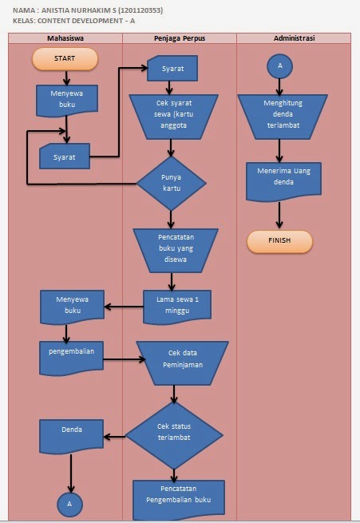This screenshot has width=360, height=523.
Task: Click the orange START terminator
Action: tap(65, 59)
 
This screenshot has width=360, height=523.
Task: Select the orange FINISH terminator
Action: tap(279, 241)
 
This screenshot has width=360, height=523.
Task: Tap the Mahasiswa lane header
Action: tap(65, 38)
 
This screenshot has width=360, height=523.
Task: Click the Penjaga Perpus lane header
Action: tap(179, 38)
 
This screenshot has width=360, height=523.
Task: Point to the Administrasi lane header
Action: tap(294, 38)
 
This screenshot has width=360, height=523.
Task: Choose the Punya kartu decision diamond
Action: tap(171, 183)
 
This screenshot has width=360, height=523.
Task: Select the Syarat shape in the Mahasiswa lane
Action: tap(65, 157)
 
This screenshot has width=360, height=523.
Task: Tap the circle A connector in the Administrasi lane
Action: tap(279, 67)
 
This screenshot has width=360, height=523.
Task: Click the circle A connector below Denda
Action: tap(69, 505)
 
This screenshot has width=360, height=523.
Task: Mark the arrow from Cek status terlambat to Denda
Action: tap(115, 436)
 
